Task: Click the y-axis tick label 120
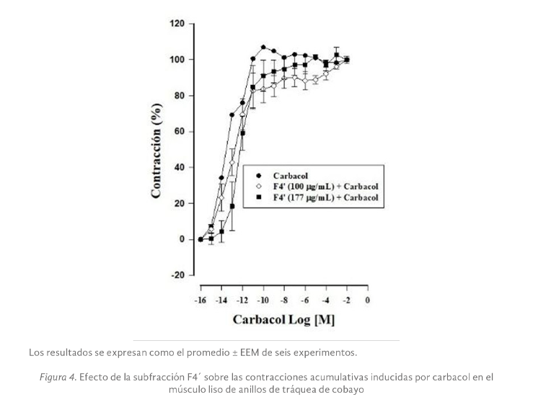coord(176,23)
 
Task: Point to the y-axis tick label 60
coord(179,131)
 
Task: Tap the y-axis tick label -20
coord(177,275)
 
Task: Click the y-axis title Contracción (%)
coord(156,150)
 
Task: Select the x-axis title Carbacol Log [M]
coord(283,318)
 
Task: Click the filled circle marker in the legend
coord(257,174)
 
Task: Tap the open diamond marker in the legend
coord(257,185)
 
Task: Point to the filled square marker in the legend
coord(257,196)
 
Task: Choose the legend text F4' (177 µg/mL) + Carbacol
coord(325,196)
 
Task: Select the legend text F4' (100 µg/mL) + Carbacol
coord(325,185)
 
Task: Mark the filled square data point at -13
coord(232,206)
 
